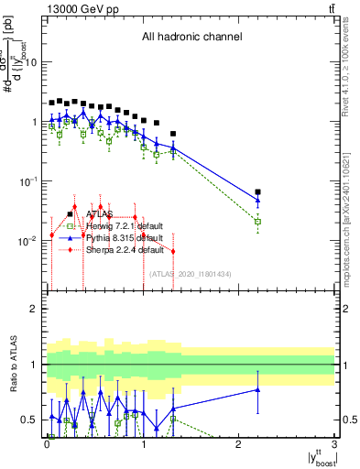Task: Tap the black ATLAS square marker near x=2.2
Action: (x=257, y=192)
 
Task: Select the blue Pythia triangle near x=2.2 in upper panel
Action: (x=257, y=200)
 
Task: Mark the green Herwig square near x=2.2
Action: (x=257, y=222)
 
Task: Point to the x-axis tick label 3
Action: (x=334, y=444)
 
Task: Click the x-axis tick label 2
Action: (x=239, y=444)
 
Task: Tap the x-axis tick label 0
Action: (x=48, y=444)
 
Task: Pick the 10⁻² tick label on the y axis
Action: (x=29, y=241)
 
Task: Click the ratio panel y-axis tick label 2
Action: (x=35, y=309)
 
